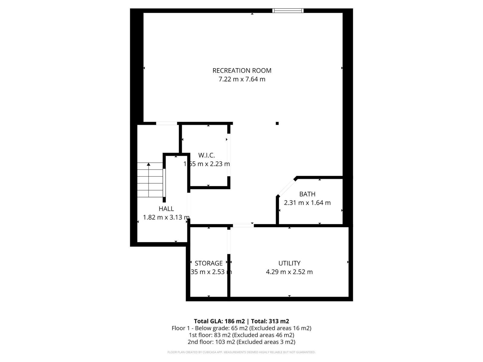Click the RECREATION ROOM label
[242, 71]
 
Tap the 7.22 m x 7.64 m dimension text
[242, 79]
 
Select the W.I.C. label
[206, 155]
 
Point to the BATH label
[307, 194]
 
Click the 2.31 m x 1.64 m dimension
[307, 203]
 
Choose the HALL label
[166, 209]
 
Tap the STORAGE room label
[209, 263]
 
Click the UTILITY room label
[289, 263]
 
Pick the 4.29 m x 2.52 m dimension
[289, 272]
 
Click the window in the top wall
[288, 11]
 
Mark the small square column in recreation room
[277, 123]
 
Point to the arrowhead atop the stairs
[149, 164]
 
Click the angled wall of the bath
[286, 187]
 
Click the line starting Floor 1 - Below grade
[241, 328]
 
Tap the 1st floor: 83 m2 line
[241, 335]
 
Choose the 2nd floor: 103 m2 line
[241, 342]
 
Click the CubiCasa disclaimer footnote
[241, 352]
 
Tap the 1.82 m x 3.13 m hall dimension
[166, 218]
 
